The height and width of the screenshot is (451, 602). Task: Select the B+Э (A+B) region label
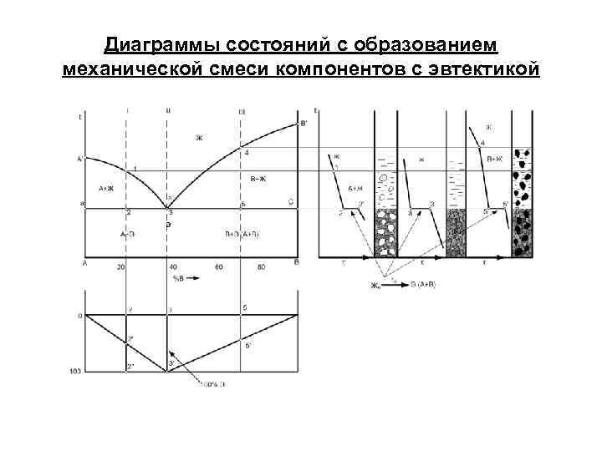[x=243, y=234]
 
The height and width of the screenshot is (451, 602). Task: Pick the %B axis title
[x=178, y=276]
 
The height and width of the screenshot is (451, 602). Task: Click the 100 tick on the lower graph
[x=76, y=370]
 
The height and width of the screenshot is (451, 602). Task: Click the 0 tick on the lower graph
[x=79, y=316]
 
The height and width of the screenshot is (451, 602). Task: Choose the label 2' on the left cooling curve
[x=361, y=203]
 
